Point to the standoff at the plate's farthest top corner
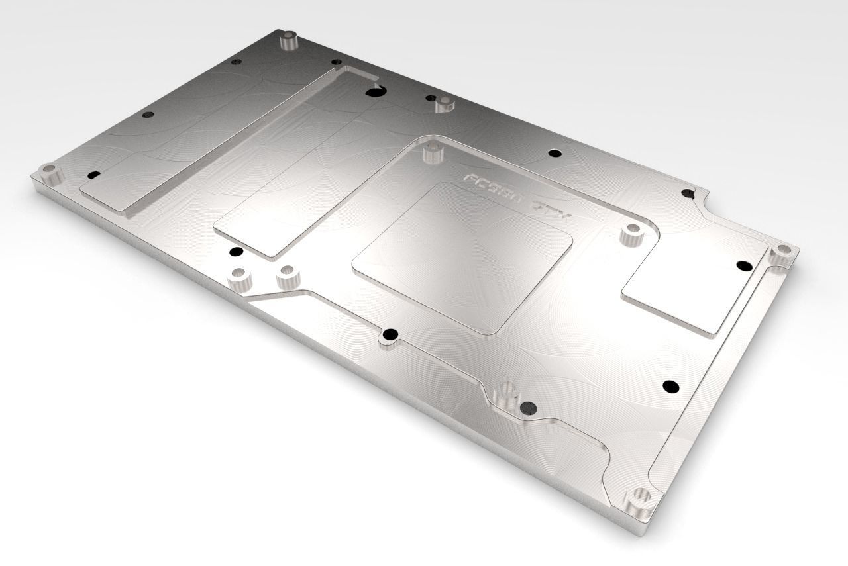(288, 41)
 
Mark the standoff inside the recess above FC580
(432, 154)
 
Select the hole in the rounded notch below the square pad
(390, 333)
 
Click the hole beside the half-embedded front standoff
(528, 407)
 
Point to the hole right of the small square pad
(741, 265)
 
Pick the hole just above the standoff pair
(234, 252)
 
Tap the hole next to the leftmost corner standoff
(93, 175)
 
